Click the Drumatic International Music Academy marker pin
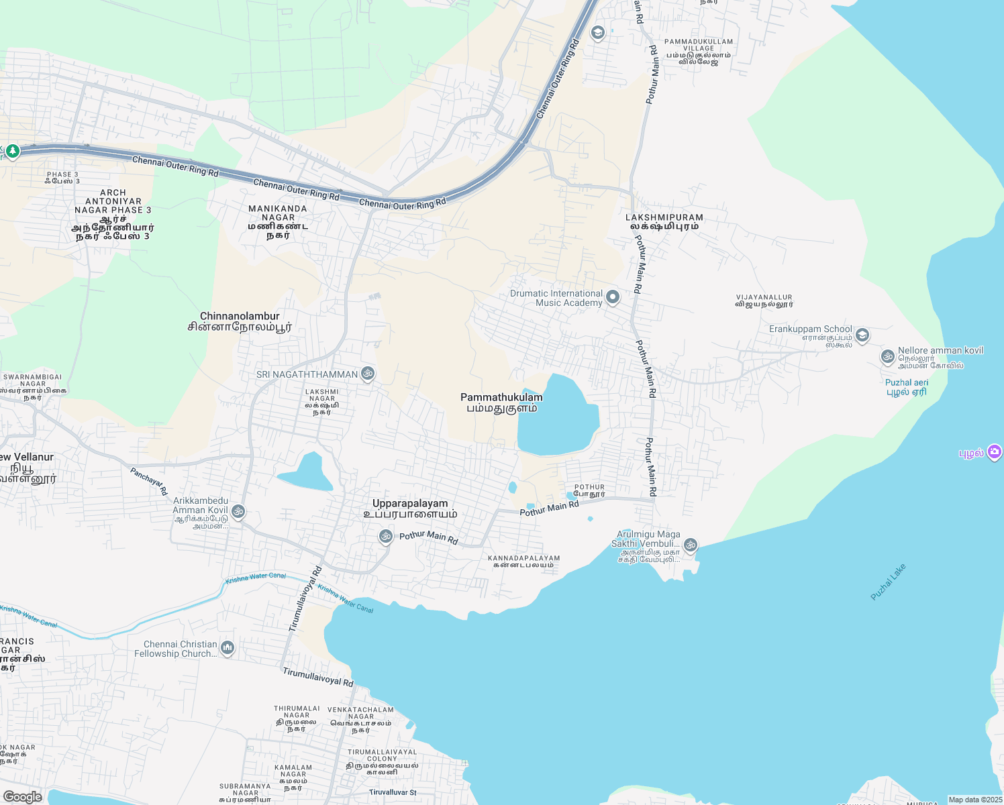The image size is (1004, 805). coord(612,297)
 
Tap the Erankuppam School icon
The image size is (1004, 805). coord(862,334)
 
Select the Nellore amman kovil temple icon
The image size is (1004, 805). coord(888,356)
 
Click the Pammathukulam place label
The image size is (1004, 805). coord(501,402)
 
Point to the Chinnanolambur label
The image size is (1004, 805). coord(240,321)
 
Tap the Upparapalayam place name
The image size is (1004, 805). coord(410,508)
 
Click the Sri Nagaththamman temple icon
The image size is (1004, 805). coord(367,374)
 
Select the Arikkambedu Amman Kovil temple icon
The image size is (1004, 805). coord(238,512)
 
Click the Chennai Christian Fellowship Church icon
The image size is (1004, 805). coord(228,647)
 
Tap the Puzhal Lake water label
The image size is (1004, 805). coord(888,582)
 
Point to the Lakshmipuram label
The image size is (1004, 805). coord(664,221)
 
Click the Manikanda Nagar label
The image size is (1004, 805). coord(278,221)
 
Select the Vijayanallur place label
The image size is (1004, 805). coord(764,300)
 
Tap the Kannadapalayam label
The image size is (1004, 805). coord(523,561)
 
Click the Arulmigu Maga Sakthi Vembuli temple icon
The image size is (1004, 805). coord(691,545)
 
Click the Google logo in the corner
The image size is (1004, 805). coord(22,796)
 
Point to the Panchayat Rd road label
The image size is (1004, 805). coord(149,481)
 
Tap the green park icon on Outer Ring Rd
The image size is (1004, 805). coord(12,152)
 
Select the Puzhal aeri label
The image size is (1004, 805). coord(906,387)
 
